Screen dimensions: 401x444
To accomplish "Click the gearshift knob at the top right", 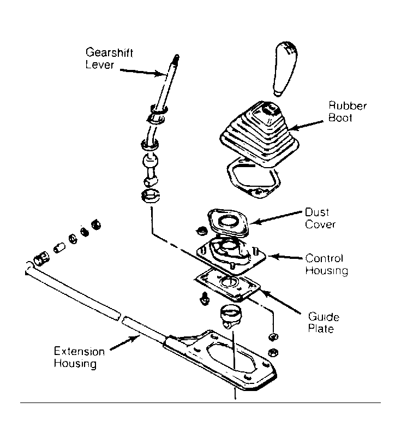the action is pos(285,68).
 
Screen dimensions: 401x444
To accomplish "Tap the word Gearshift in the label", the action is pos(109,52).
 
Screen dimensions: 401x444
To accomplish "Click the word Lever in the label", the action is pos(99,65).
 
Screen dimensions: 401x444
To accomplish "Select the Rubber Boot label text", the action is pos(348,111).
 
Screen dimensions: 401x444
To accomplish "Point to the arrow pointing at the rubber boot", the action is pos(306,126).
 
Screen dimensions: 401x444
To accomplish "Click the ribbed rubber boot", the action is pos(259,134).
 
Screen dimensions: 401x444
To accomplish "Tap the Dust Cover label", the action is pos(320,218).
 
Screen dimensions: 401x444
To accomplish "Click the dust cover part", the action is pos(228,223).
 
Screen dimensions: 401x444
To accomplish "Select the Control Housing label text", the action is pos(326,264).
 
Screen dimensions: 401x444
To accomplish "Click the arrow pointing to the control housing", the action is pos(285,257).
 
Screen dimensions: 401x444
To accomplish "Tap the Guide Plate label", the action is pos(323,323).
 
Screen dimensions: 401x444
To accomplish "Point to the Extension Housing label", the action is pos(79,357).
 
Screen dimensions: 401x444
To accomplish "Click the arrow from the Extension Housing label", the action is pos(125,342).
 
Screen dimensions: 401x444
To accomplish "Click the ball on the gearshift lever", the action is pos(150,161).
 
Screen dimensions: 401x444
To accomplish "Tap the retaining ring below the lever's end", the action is pos(150,196).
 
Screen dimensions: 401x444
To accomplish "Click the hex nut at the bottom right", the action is pos(273,353).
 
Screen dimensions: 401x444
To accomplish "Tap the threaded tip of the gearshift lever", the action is pos(176,58).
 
